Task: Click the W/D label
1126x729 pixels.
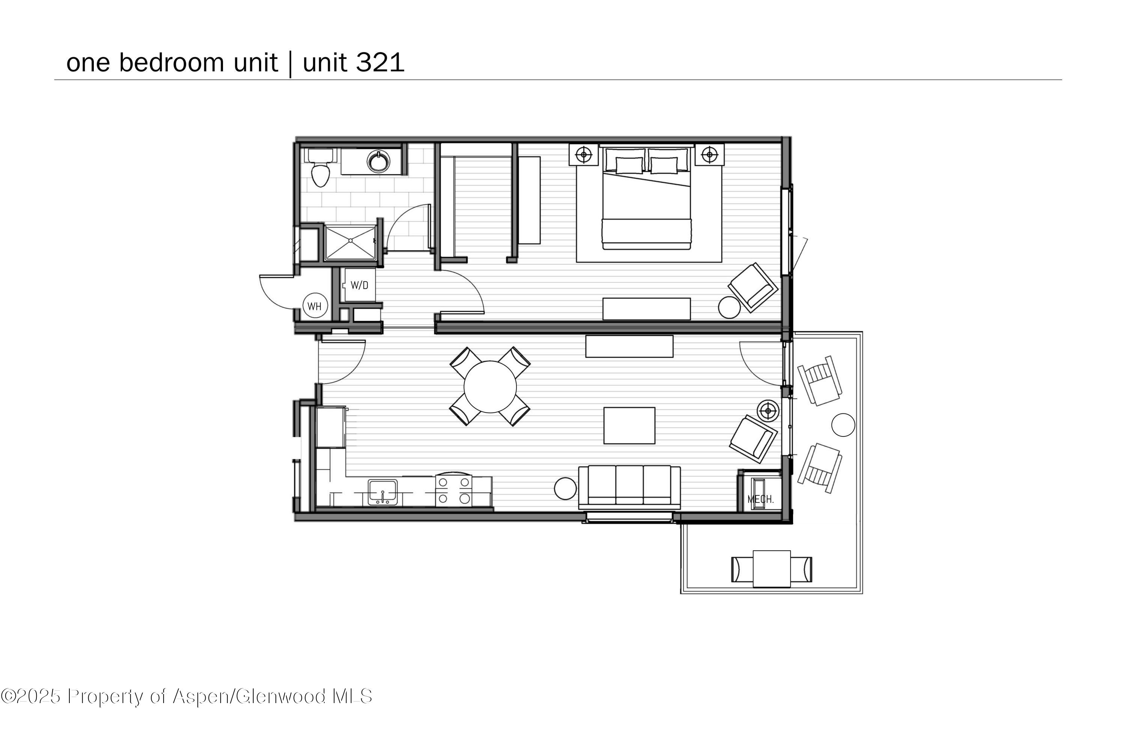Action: tap(359, 285)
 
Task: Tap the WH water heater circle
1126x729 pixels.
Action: tap(315, 306)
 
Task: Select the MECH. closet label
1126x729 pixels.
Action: tap(760, 499)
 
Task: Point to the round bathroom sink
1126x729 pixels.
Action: tap(379, 161)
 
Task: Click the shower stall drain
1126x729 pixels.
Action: tap(350, 241)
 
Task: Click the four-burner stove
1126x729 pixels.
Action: tap(453, 490)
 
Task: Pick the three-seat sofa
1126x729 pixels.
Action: tap(629, 487)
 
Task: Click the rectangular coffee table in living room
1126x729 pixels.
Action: tap(629, 426)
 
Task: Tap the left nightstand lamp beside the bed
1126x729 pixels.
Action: tap(584, 154)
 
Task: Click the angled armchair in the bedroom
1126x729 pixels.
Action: tap(753, 287)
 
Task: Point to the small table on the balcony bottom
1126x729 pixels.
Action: tap(772, 569)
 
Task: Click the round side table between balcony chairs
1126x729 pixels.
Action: tap(843, 425)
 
